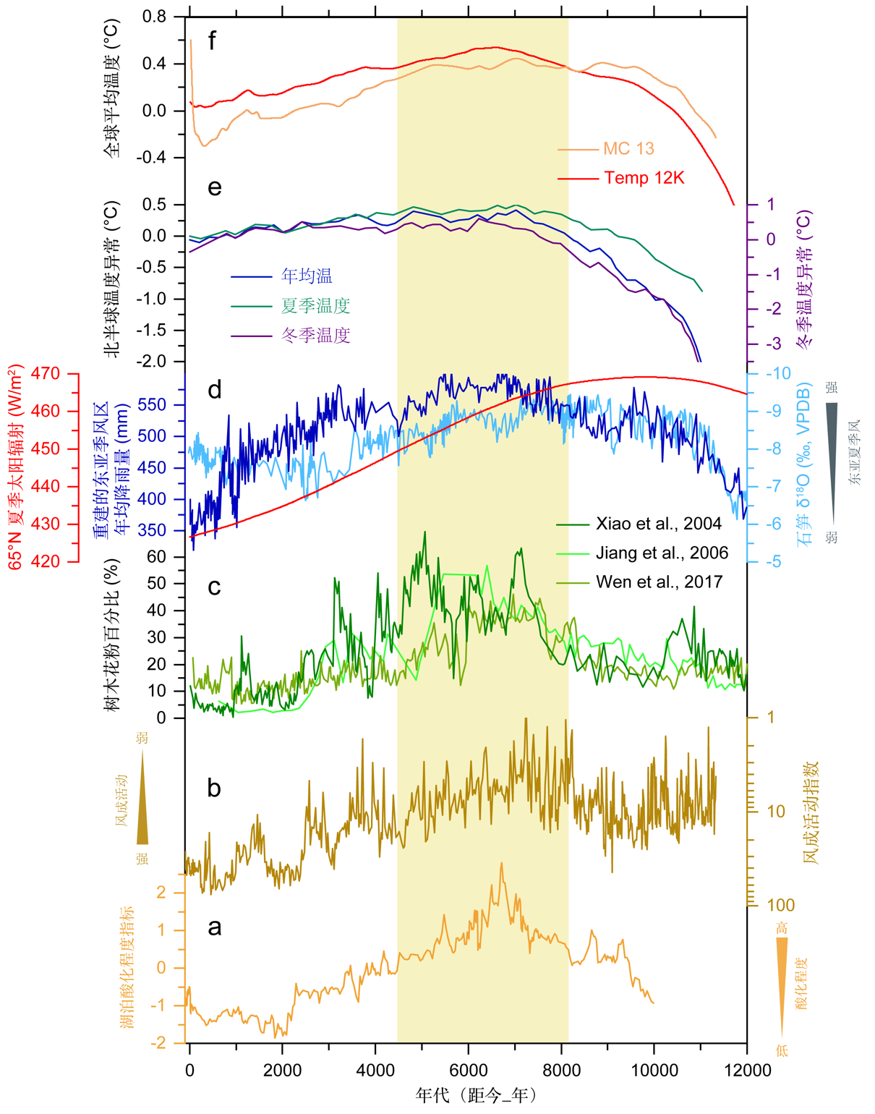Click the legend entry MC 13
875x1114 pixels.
pyautogui.click(x=628, y=149)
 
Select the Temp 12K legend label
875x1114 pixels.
pyautogui.click(x=644, y=178)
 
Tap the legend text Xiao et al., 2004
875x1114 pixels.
pyautogui.click(x=659, y=524)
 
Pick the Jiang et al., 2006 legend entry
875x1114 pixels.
pyautogui.click(x=662, y=553)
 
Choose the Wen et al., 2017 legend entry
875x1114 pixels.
pyautogui.click(x=659, y=582)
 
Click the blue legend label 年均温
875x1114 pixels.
pyautogui.click(x=307, y=276)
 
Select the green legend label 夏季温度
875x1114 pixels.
pyautogui.click(x=315, y=306)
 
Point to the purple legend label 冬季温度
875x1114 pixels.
pyautogui.click(x=315, y=336)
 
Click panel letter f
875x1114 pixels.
pyautogui.click(x=212, y=41)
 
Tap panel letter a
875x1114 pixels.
pyautogui.click(x=214, y=927)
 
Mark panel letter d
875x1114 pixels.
pyautogui.click(x=214, y=391)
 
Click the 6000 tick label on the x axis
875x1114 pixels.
pyautogui.click(x=469, y=1071)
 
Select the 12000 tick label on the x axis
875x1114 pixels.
pyautogui.click(x=747, y=1071)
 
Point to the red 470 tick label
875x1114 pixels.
pyautogui.click(x=46, y=374)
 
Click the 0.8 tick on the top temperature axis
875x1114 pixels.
pyautogui.click(x=154, y=17)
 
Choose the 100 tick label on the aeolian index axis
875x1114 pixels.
pyautogui.click(x=780, y=905)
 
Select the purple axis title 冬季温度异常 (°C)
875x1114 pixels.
pyautogui.click(x=804, y=279)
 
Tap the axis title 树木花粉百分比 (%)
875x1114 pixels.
pyautogui.click(x=113, y=634)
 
